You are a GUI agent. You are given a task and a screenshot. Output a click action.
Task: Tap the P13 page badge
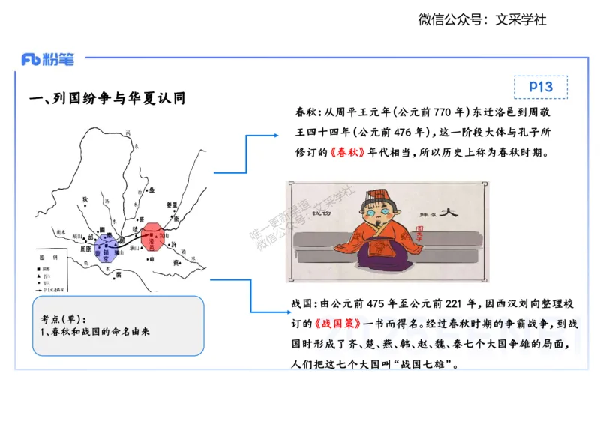point(540,87)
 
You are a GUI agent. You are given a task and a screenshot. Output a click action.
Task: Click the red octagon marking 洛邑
point(154,234)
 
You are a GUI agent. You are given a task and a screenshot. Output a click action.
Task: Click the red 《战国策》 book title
point(338,324)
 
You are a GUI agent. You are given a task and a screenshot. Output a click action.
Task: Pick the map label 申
point(152,258)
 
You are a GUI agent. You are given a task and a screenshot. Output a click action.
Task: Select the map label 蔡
point(177,263)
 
